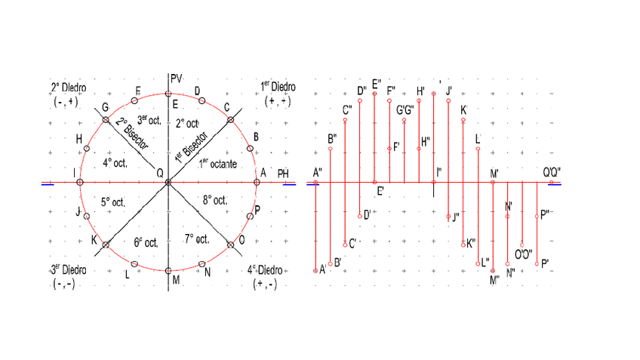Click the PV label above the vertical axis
177,78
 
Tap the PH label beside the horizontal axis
283,174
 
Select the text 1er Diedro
277,86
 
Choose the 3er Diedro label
69,269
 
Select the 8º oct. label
215,201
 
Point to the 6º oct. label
146,242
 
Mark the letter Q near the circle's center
159,173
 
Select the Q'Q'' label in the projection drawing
552,173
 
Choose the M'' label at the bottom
495,280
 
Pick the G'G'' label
405,109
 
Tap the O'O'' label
523,253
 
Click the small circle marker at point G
106,121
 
